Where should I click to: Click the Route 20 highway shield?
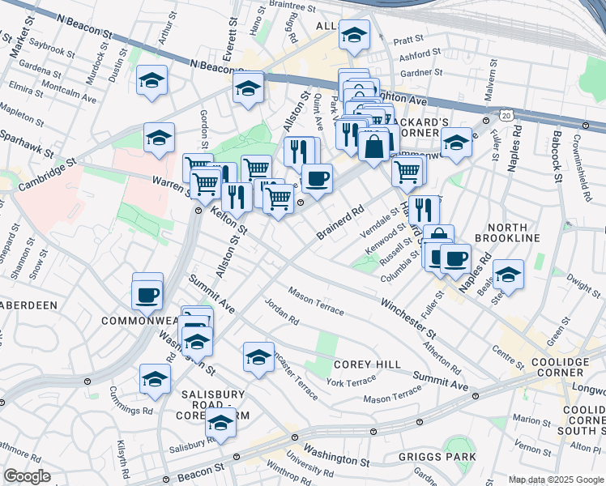(x=506, y=118)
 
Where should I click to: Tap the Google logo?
(x=28, y=476)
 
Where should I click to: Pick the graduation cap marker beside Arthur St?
(x=151, y=81)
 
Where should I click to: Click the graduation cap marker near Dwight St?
(x=509, y=274)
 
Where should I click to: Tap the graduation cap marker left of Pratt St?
(x=354, y=35)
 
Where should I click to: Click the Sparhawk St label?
(x=26, y=143)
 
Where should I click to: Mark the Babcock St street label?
(x=558, y=154)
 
